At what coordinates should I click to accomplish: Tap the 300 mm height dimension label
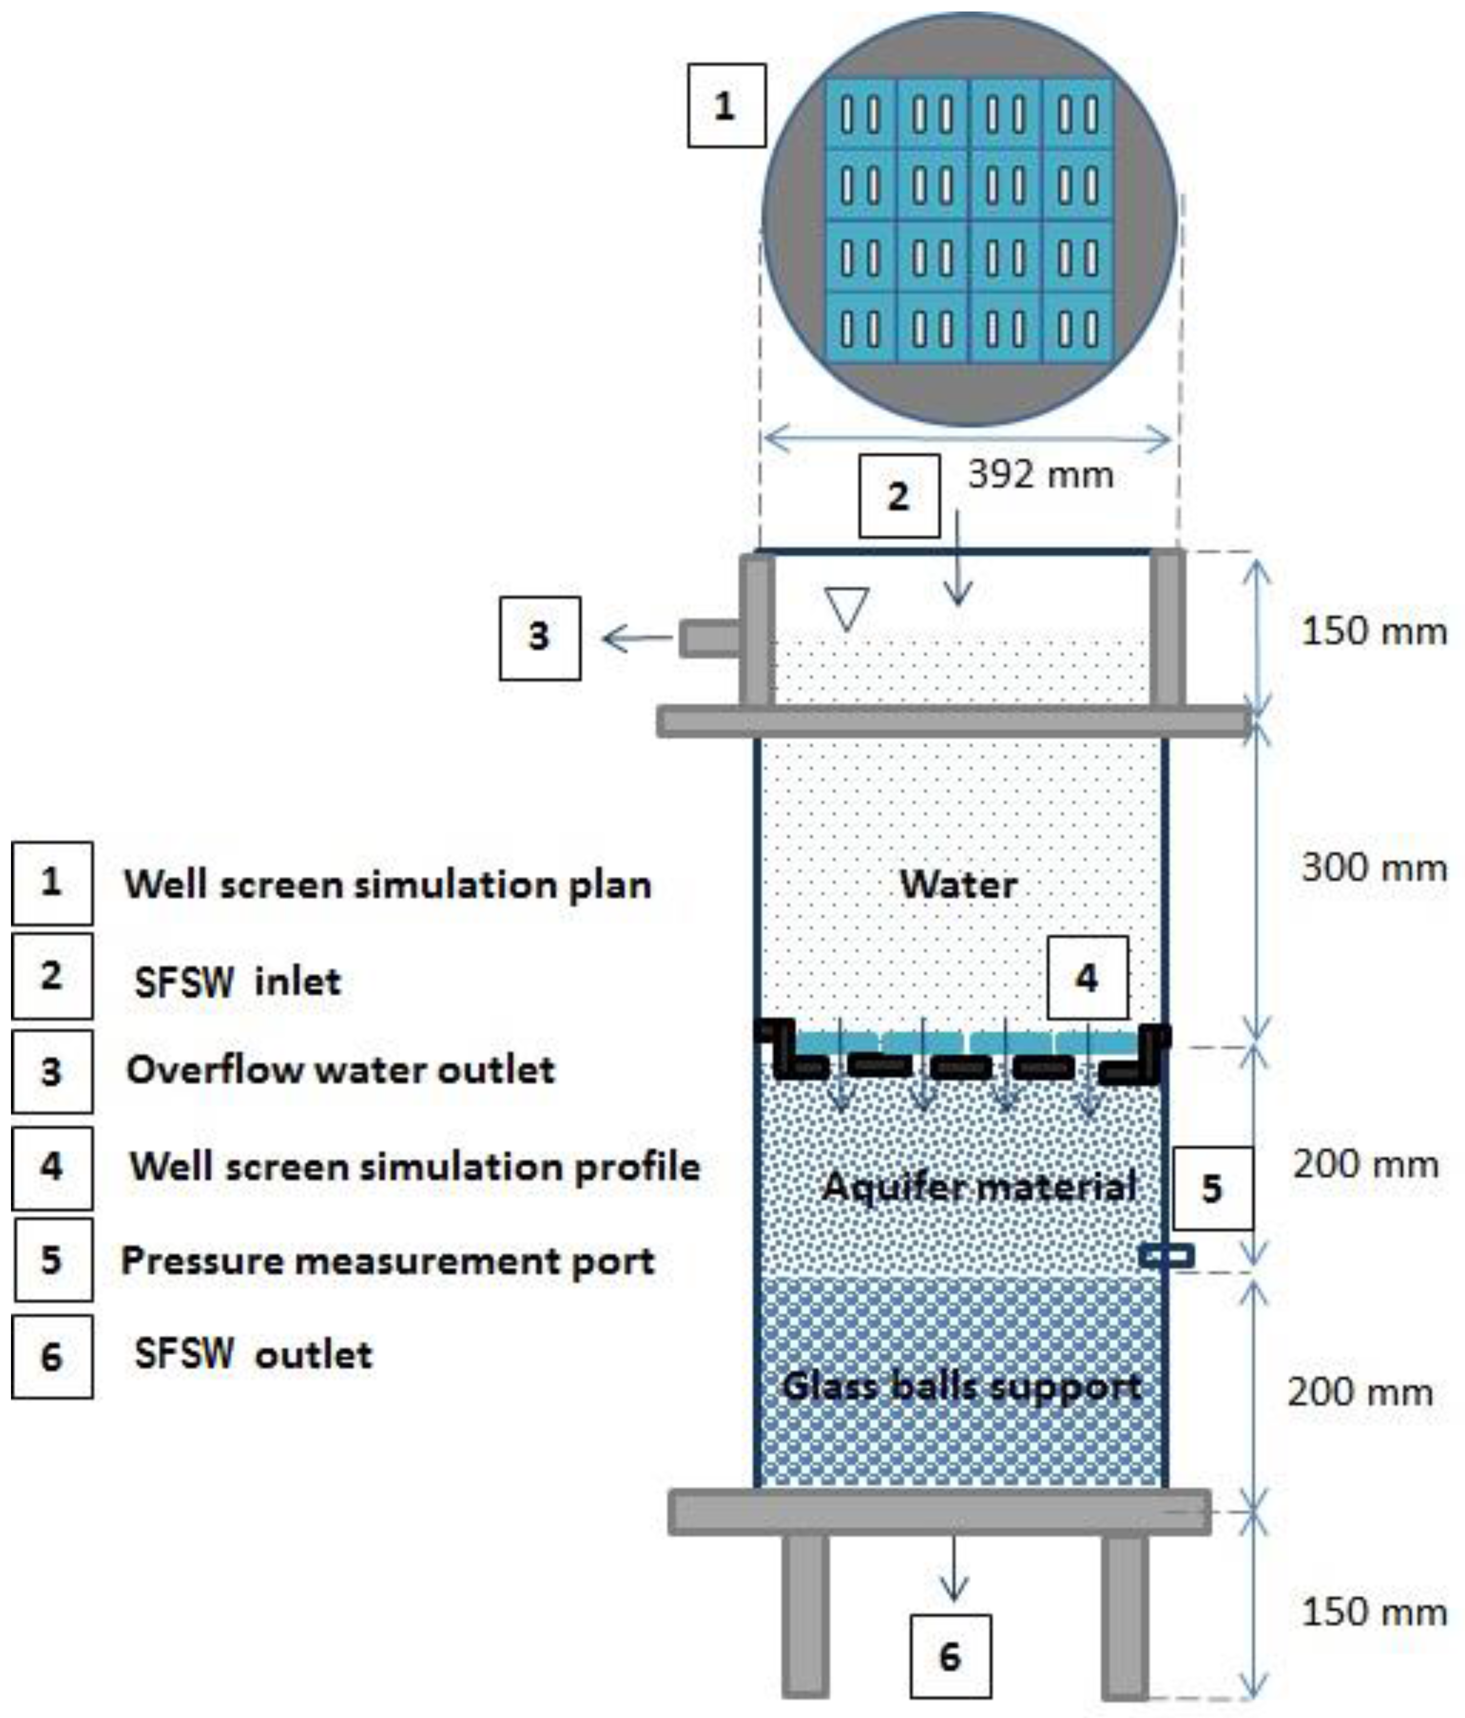point(1374,868)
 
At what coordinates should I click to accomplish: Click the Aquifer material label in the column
point(978,1187)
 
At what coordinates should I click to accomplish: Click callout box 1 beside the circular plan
point(726,106)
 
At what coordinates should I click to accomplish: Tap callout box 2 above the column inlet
point(899,496)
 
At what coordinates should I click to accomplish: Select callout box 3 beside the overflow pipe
point(540,638)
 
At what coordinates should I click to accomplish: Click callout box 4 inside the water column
point(1087,978)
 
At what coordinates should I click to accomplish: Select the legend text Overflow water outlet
point(340,1070)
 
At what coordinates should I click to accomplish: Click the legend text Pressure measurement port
point(388,1261)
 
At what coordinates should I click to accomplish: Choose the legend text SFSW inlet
point(238,982)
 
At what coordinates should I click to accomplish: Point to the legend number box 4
point(51,1166)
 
